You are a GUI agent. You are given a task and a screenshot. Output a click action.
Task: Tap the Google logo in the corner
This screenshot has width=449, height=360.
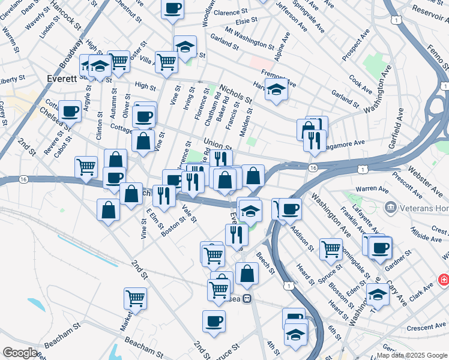19,352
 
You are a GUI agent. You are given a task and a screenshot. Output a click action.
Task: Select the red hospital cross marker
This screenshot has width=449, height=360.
443,280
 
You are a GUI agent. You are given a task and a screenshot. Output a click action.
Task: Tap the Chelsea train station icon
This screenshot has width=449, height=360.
247,299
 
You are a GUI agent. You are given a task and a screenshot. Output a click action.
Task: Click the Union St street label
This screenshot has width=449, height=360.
217,144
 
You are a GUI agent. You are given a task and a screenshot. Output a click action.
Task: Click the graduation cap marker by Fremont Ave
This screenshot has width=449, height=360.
276,90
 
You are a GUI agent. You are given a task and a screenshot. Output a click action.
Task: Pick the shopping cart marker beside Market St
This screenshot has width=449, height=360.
136,298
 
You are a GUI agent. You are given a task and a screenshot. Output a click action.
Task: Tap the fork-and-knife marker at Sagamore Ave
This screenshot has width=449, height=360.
315,140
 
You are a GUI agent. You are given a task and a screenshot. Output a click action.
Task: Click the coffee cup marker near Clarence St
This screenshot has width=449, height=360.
172,8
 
